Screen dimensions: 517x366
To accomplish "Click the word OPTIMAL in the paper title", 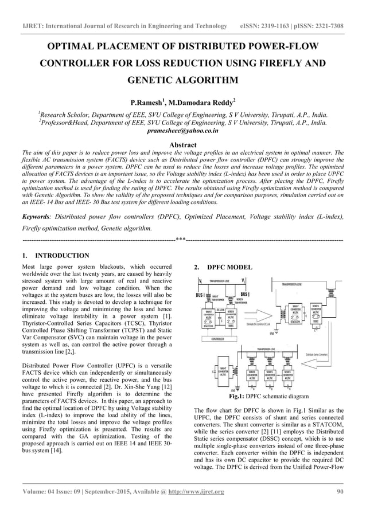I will click(x=74, y=46).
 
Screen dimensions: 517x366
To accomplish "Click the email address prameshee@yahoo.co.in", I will click(x=182, y=131).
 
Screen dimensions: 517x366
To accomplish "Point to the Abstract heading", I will click(x=183, y=145).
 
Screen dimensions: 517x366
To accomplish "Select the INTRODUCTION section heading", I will click(x=63, y=256).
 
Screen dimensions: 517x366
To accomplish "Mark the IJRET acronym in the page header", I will click(x=32, y=26).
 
